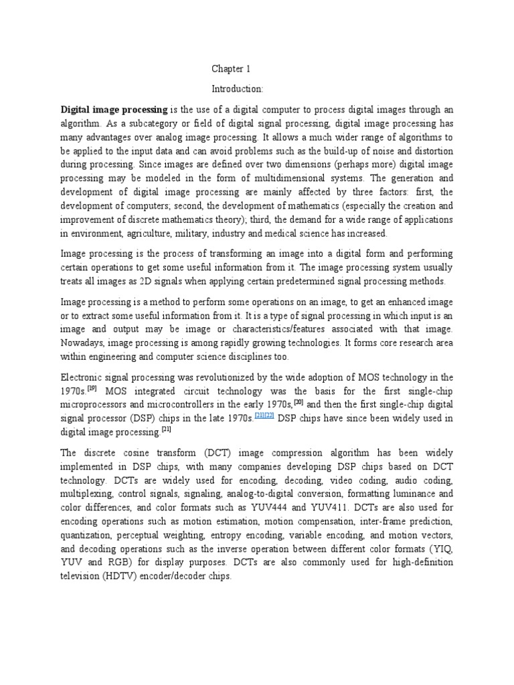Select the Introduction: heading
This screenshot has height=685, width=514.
point(238,88)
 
